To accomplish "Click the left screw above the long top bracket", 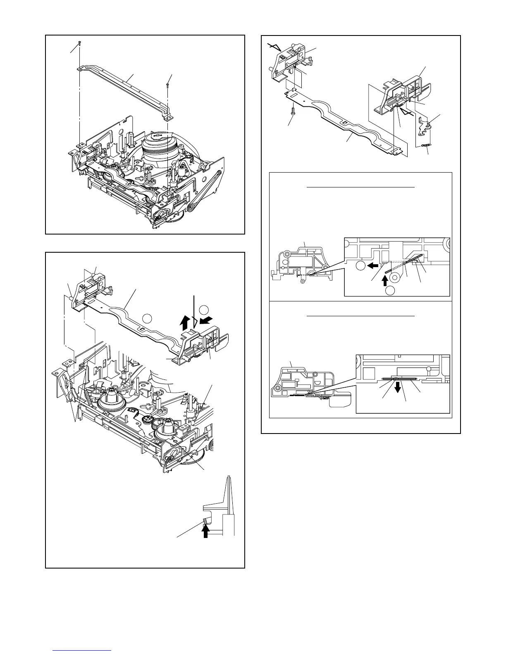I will tap(80, 43).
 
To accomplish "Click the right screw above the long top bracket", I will tap(167, 85).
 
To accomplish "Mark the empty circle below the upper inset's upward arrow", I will tap(391, 290).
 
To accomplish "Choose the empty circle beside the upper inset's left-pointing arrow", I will tap(360, 265).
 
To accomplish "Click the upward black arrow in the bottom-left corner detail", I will tap(205, 532).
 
